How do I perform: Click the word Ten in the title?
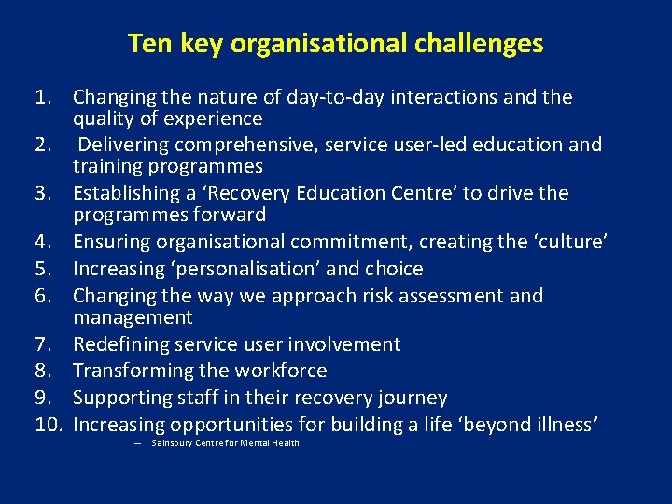(146, 44)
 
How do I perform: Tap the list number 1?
(42, 97)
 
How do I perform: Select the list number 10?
(48, 425)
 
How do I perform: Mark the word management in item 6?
(133, 317)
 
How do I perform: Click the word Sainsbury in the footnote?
(170, 443)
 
